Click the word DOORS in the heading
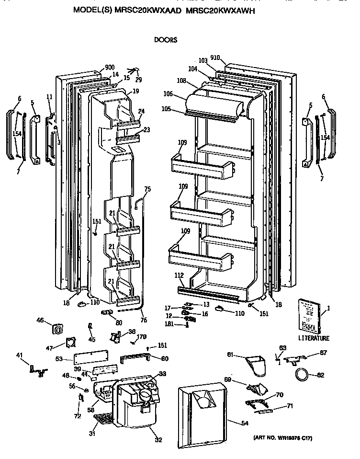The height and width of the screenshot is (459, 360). (x=166, y=40)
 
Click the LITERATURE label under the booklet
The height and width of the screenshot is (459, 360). (x=314, y=338)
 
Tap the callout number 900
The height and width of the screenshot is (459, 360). (x=110, y=68)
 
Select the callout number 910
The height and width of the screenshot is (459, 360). (x=215, y=58)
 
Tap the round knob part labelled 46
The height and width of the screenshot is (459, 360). (x=58, y=329)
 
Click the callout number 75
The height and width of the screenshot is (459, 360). (x=147, y=189)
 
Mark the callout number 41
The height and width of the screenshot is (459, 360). (x=20, y=355)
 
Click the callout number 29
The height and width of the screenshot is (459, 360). (x=139, y=80)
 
